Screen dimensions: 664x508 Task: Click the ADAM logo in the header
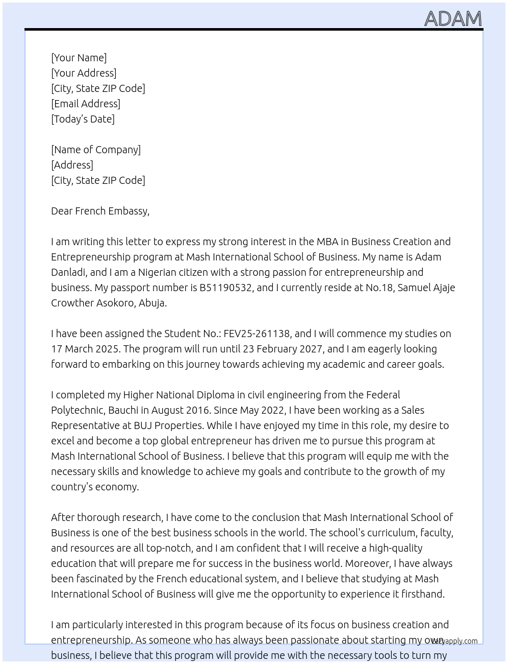tap(453, 18)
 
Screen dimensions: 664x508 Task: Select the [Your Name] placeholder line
tap(79, 58)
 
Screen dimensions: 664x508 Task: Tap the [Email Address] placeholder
tap(86, 104)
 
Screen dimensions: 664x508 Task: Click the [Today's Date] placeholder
tap(83, 119)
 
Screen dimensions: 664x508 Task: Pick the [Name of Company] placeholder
tap(96, 150)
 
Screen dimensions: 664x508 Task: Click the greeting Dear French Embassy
tap(100, 211)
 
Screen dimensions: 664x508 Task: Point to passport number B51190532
tap(225, 288)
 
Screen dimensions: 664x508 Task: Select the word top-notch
tap(169, 548)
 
